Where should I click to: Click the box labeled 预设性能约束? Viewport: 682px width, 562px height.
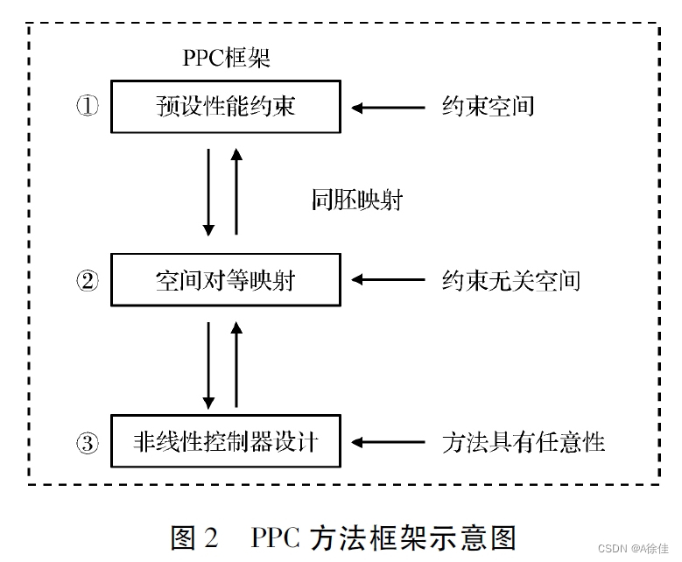coord(225,107)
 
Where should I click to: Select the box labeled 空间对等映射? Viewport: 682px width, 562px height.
coord(225,280)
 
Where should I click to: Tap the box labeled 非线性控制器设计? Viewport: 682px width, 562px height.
coord(225,441)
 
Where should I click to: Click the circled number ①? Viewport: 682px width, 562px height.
coord(88,107)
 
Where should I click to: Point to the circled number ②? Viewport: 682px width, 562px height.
coord(88,281)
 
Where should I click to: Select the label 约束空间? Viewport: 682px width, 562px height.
coord(488,107)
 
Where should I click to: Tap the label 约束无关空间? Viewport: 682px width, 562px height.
coord(510,280)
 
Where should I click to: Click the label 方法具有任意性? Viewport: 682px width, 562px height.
coord(523,441)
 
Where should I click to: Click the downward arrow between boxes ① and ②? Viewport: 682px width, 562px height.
coord(208,192)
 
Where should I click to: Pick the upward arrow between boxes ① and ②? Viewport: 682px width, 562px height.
coord(236,192)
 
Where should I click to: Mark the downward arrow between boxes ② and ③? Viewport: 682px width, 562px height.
coord(208,364)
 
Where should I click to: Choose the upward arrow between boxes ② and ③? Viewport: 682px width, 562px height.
coord(236,364)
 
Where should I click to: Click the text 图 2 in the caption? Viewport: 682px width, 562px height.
coord(193,536)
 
